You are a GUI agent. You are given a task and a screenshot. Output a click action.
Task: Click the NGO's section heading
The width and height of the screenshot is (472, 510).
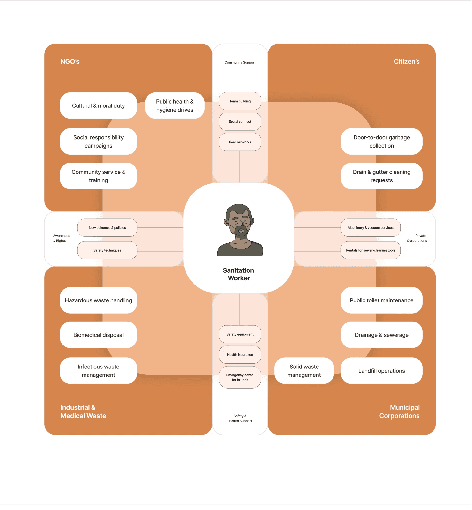70,61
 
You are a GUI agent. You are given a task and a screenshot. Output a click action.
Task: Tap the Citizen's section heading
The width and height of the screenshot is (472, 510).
406,61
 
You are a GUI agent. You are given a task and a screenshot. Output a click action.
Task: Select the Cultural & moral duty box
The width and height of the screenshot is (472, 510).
98,106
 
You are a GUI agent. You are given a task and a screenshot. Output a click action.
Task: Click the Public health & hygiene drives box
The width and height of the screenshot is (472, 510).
175,106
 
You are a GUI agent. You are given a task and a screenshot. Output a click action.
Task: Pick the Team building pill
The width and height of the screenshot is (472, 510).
240,101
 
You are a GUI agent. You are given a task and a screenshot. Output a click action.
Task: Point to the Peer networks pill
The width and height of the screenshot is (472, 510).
240,142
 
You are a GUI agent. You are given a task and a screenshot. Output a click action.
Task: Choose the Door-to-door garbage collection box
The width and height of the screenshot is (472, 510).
381,142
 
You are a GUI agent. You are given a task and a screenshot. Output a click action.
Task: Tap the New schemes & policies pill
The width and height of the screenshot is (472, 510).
107,228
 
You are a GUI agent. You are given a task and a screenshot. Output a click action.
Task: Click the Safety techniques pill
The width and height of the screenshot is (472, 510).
107,250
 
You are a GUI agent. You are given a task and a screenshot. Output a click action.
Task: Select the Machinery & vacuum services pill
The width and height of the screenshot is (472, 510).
370,228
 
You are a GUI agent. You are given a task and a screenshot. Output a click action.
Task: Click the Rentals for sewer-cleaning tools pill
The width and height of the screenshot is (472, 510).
370,250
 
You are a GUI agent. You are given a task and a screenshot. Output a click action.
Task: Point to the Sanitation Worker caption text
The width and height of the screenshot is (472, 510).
239,274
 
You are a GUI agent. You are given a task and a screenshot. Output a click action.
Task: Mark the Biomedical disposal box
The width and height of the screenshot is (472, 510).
98,335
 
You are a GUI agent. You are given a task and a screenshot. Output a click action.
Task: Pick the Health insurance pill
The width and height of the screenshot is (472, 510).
240,355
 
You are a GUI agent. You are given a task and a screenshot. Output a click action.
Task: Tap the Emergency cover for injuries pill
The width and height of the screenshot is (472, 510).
240,377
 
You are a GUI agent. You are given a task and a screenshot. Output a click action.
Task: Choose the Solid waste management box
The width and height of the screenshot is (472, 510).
304,371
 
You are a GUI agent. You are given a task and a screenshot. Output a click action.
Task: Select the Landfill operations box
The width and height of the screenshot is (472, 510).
381,371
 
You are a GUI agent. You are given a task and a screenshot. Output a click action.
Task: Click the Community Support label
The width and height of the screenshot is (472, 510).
240,62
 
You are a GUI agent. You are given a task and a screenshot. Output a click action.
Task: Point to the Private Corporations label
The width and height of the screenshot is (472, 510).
417,238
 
